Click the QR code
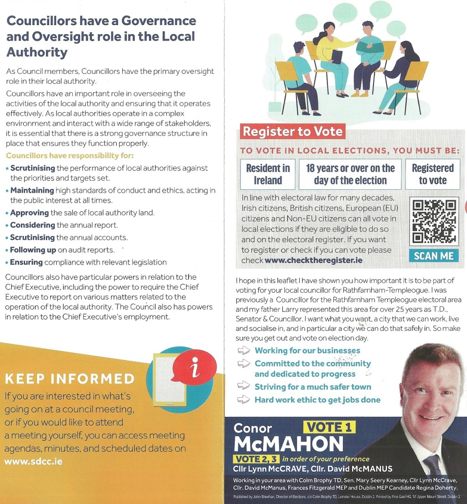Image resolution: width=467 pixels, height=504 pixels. (434, 221)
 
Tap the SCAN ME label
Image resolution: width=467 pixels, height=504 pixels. (434, 256)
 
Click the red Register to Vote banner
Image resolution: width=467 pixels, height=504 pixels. (292, 132)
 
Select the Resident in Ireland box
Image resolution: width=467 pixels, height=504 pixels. (268, 174)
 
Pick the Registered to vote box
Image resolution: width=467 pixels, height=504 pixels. (432, 174)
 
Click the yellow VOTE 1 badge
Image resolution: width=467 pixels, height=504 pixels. (330, 427)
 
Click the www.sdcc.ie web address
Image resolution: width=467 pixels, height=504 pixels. (33, 461)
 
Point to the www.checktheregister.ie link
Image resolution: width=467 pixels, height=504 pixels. (314, 260)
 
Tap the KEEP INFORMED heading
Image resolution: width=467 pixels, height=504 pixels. (70, 379)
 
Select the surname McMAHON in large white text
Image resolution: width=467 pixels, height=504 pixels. (288, 444)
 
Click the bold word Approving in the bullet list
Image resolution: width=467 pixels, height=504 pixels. (30, 213)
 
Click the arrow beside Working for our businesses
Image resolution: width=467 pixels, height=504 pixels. (244, 350)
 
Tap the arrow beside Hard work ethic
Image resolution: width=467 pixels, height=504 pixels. (244, 400)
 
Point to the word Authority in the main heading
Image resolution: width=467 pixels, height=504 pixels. (37, 52)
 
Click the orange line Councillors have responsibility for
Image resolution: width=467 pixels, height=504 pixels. (69, 156)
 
